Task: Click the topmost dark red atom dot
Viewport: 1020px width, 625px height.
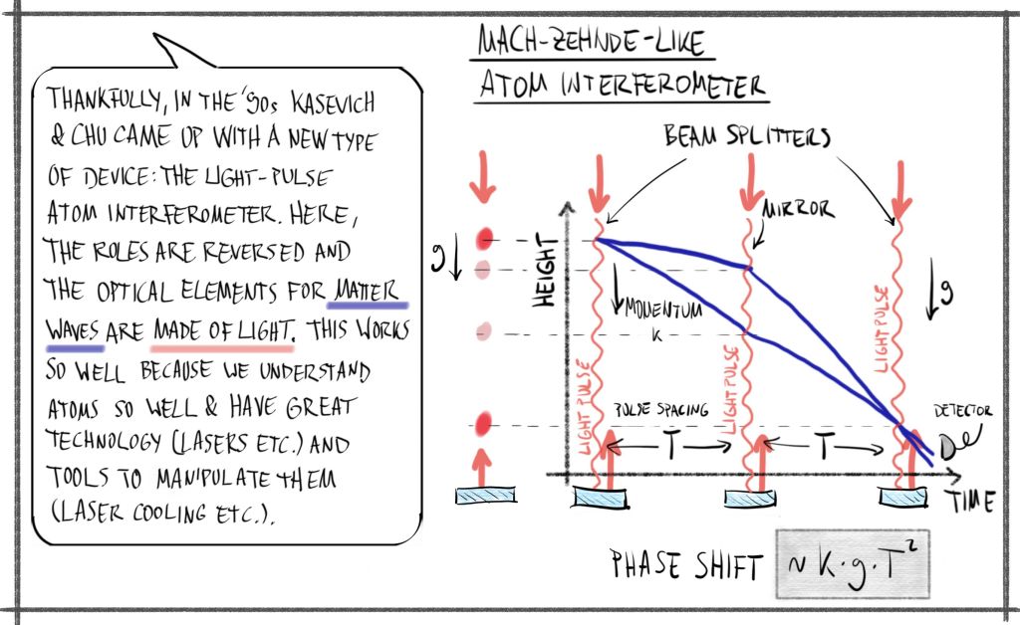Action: [x=485, y=238]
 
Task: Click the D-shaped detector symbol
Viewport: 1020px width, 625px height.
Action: [x=950, y=448]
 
